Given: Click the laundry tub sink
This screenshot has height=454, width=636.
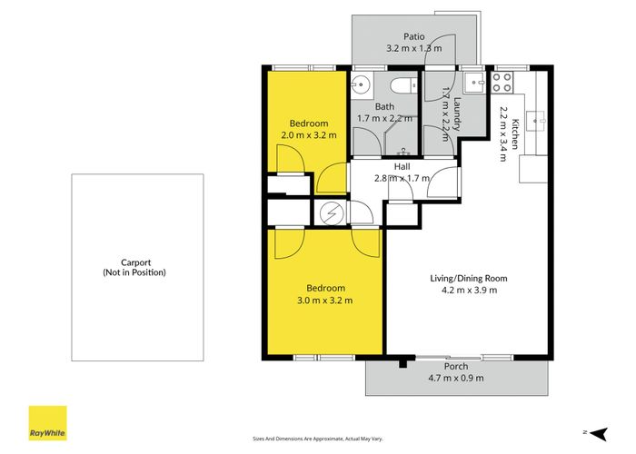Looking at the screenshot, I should [473, 84].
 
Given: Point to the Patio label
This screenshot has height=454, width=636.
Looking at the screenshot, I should [415, 37].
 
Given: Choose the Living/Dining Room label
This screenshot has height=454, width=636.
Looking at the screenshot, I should [468, 278].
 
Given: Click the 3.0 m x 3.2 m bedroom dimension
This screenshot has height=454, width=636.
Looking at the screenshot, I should [324, 301].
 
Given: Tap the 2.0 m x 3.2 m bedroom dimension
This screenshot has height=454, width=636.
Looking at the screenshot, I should [308, 134].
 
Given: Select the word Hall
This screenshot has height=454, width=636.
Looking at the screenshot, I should [402, 166].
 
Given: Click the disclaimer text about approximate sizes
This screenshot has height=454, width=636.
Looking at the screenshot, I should [317, 439].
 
